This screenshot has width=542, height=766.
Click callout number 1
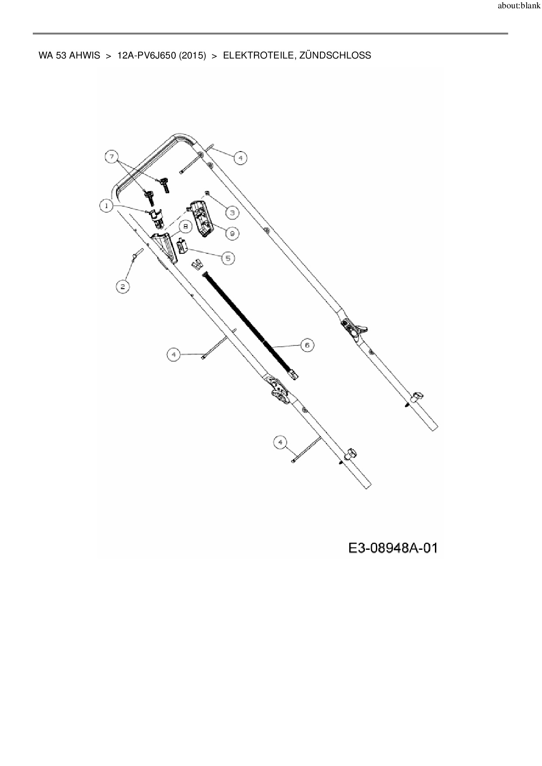pos(106,205)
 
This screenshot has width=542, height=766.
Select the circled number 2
pos(122,286)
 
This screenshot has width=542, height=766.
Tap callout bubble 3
pos(232,212)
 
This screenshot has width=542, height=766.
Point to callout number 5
pos(227,258)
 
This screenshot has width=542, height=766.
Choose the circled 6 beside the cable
pos(307,345)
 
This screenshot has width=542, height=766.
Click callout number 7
pos(112,156)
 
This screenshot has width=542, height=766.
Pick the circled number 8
pos(185,227)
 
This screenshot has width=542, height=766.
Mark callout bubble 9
pos(232,233)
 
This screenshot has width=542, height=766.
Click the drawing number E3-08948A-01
pos(393,548)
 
